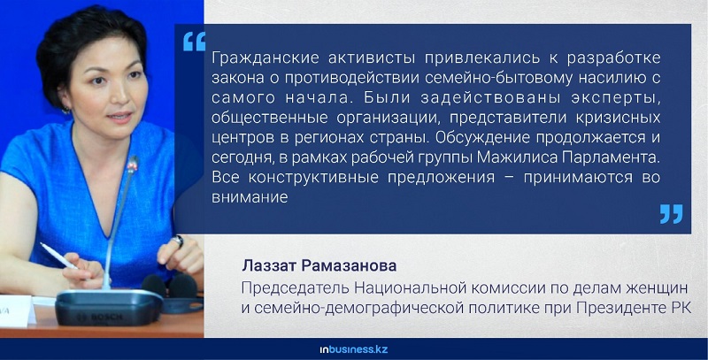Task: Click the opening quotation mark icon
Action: click(194, 42)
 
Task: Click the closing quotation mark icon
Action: click(671, 214)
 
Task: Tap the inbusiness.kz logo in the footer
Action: click(353, 349)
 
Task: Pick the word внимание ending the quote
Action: click(250, 196)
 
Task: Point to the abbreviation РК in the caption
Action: click(680, 308)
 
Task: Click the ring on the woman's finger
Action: click(179, 241)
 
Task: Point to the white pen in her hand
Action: click(58, 256)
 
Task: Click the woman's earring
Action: click(65, 110)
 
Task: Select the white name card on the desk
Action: click(17, 310)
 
